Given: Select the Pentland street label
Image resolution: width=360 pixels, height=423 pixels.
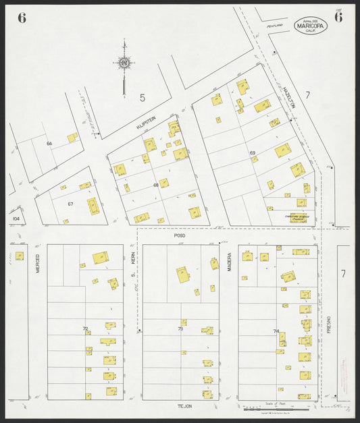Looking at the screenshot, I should pos(274,26).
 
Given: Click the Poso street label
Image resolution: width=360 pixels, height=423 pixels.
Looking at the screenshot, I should pos(180,237).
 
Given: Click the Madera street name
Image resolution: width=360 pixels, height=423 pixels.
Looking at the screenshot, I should pos(229,262).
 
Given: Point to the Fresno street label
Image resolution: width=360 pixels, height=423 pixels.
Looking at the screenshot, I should pos(329,324).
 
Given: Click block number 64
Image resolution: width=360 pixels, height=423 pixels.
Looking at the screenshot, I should pos(49,144).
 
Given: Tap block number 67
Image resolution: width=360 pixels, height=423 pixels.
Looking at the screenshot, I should pos(70,204).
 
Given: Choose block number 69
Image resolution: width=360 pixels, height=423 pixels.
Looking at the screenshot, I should pos(253,153).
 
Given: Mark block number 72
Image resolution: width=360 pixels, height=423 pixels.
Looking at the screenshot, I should pos(86,329).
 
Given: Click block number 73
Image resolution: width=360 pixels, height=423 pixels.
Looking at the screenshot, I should pos(180,329).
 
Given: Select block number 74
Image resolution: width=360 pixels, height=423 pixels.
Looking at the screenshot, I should pos(276,331).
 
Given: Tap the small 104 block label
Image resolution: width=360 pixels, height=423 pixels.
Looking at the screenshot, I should pos(16,219).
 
